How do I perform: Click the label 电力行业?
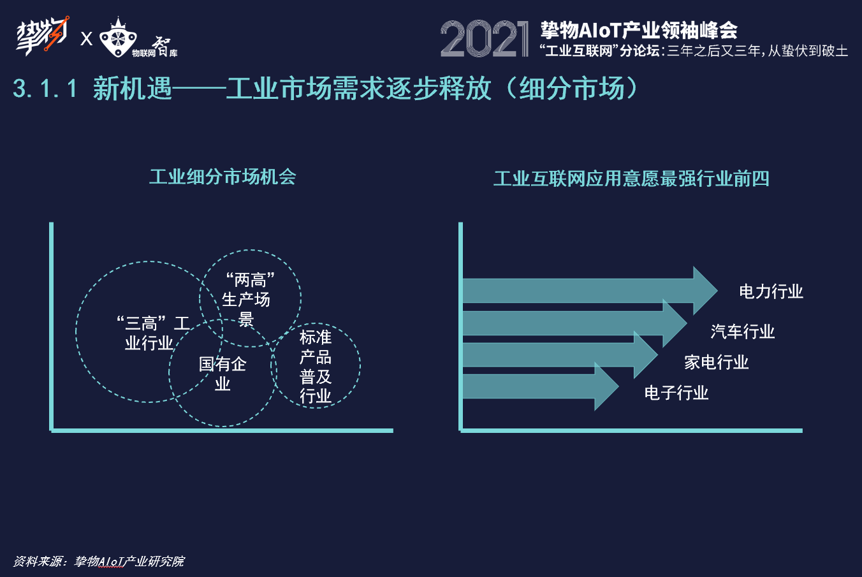pyautogui.click(x=771, y=292)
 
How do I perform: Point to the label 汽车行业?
pyautogui.click(x=743, y=332)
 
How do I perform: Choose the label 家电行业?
pyautogui.click(x=716, y=362)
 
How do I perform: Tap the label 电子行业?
pyautogui.click(x=676, y=393)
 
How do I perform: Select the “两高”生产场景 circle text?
pyautogui.click(x=247, y=299)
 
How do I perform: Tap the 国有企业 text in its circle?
pyautogui.click(x=222, y=374)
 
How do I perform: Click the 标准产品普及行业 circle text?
pyautogui.click(x=316, y=366)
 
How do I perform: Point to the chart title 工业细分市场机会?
pyautogui.click(x=223, y=177)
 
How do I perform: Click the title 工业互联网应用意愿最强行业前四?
pyautogui.click(x=631, y=179)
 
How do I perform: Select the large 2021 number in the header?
pyautogui.click(x=484, y=39)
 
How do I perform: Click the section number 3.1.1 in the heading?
pyautogui.click(x=45, y=89)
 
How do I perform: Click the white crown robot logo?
pyautogui.click(x=119, y=39)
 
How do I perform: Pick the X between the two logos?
pyautogui.click(x=87, y=39)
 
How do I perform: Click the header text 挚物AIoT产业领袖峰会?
pyautogui.click(x=638, y=29)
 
